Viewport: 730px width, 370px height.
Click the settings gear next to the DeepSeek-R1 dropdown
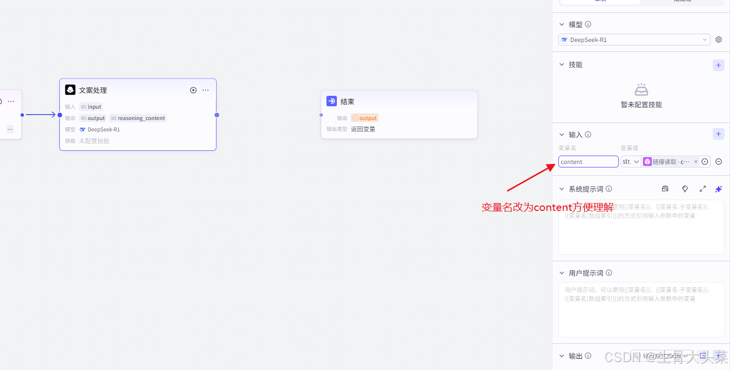coord(719,40)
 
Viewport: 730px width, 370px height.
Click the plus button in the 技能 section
coord(718,65)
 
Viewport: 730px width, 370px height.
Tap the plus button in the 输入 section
coord(718,134)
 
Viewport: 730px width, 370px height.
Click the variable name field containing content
coord(588,162)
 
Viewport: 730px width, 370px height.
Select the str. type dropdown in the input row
coord(631,162)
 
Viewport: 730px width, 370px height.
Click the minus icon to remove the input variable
coord(719,162)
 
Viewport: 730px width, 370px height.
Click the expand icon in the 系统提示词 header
coord(702,189)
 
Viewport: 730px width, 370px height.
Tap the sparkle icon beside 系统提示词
coord(719,189)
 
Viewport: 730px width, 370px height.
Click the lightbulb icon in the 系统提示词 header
coord(685,189)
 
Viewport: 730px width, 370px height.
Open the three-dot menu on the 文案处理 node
coord(206,90)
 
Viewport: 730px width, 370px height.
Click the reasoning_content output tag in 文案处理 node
coord(138,118)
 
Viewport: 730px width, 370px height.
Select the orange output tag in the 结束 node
coord(365,118)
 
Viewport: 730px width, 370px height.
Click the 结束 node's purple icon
coord(331,101)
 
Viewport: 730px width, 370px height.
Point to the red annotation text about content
coord(547,207)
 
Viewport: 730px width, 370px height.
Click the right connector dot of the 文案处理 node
coord(217,115)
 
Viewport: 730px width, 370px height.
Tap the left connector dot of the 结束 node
coord(321,115)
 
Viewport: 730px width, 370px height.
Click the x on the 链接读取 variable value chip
coord(696,162)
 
